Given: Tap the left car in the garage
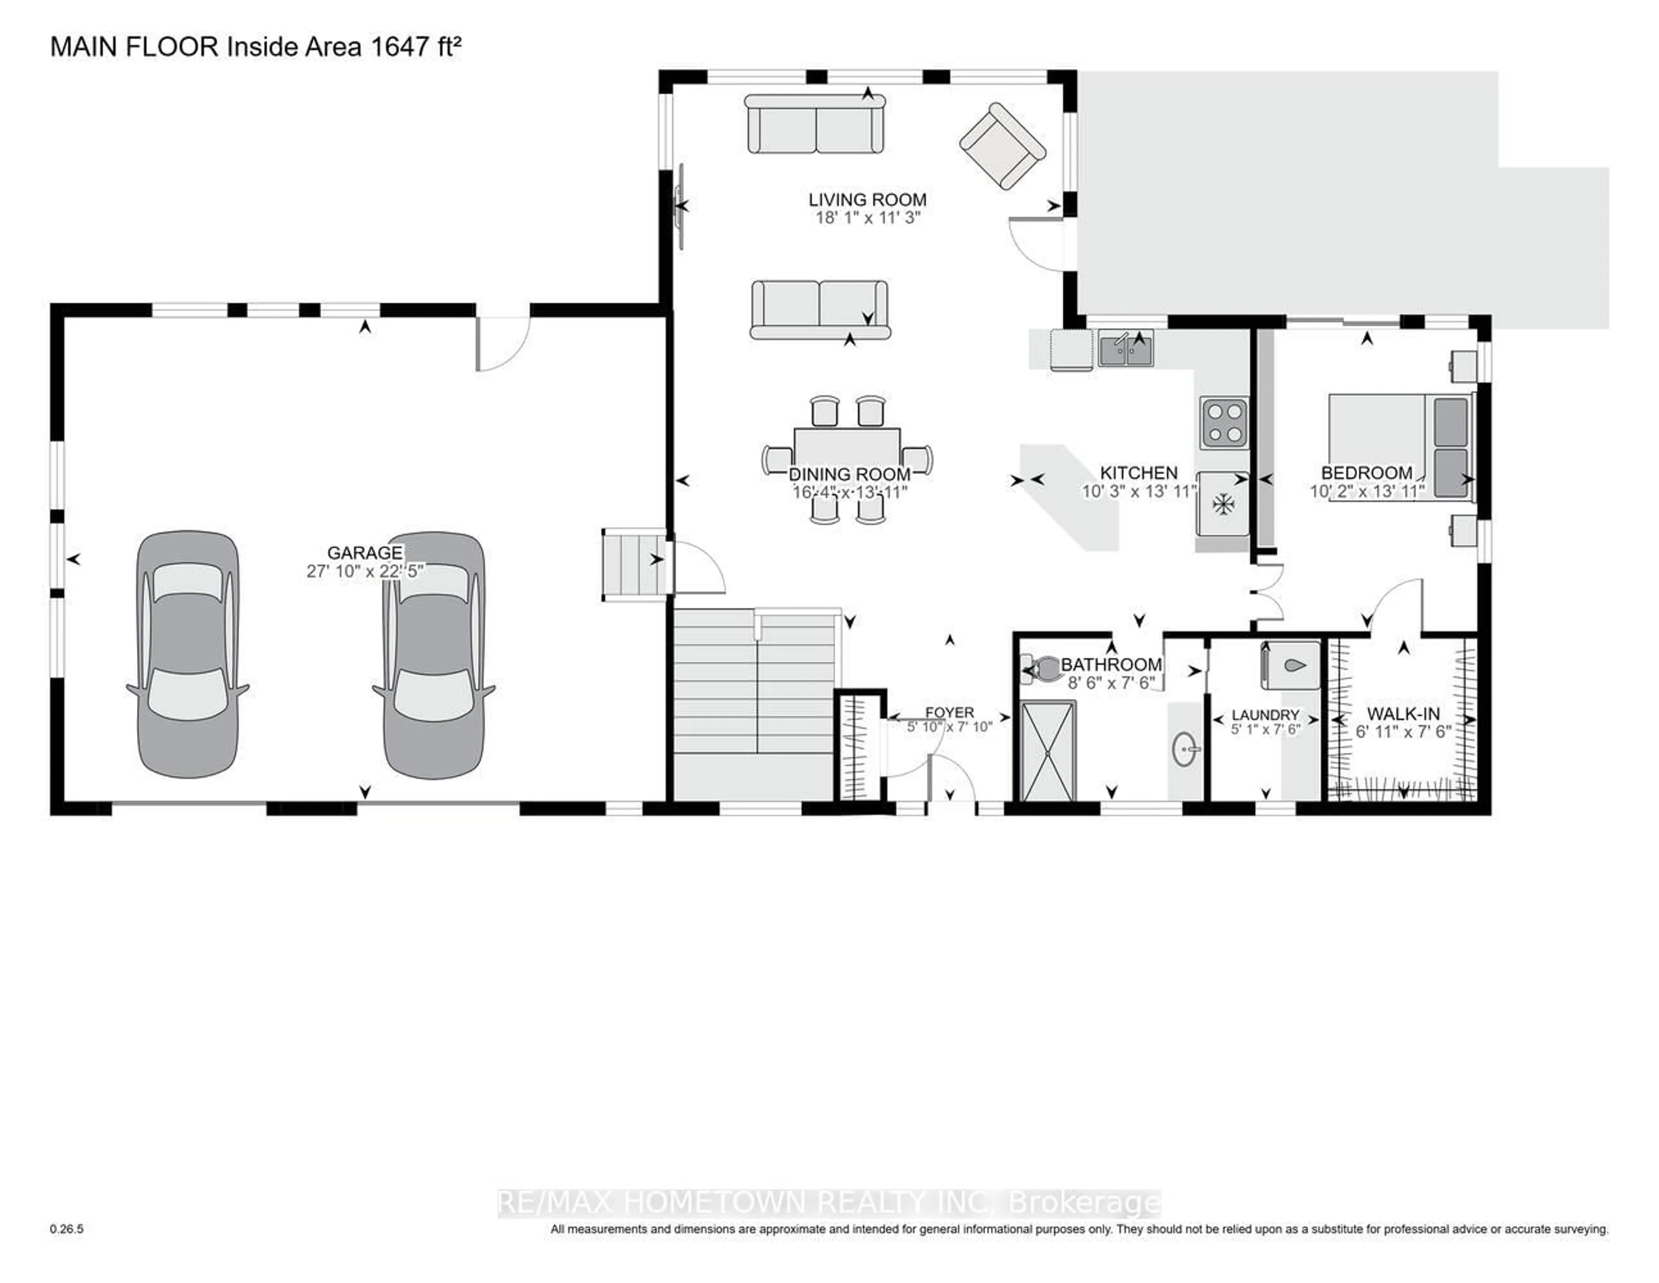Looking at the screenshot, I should tap(188, 654).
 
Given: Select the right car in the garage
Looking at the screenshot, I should tap(433, 654).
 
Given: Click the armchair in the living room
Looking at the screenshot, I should tap(1002, 146).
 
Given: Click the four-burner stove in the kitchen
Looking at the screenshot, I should tap(1224, 423).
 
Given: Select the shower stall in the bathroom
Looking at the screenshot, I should tap(1048, 752).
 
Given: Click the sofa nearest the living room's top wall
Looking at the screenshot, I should tap(815, 124).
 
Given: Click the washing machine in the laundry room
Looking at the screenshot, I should tap(1290, 666).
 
